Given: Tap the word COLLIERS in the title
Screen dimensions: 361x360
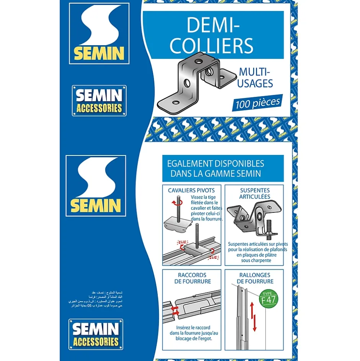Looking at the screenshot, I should point(212,46).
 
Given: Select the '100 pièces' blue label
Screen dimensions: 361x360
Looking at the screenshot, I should point(258,102).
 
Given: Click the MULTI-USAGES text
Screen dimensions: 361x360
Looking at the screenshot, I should point(255,77).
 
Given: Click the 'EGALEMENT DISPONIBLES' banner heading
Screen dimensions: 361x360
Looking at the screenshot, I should point(223,168).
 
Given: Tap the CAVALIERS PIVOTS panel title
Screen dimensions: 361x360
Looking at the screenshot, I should point(191,190).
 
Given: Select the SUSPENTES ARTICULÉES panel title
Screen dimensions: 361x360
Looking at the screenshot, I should point(255,193).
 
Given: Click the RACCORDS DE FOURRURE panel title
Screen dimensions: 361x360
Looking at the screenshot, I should point(192,278).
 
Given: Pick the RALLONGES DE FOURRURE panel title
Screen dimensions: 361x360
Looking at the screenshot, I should point(254,278).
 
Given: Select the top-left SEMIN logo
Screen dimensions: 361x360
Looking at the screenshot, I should point(99,33).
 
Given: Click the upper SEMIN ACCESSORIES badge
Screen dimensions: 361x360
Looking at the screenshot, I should point(99,101).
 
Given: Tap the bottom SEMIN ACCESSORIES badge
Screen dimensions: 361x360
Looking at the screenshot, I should point(96,334).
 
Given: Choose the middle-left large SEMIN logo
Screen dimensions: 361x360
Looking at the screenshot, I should point(96,186).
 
